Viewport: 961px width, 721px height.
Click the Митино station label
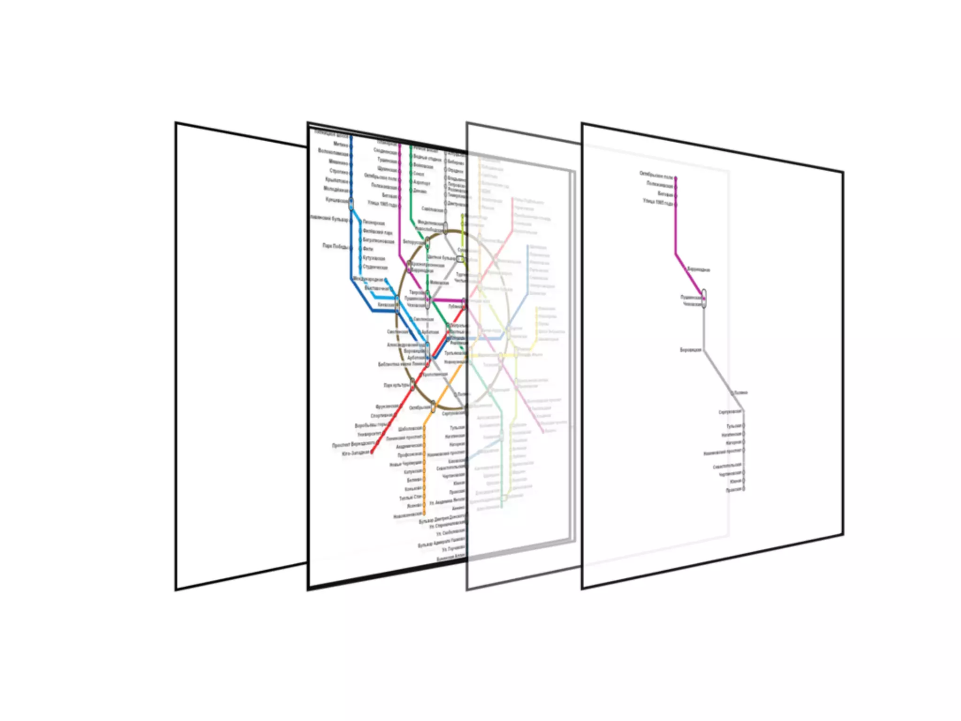point(341,145)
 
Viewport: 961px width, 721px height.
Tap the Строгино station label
point(339,171)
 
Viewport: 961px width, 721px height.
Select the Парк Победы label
point(335,246)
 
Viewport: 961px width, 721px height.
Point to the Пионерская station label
point(374,223)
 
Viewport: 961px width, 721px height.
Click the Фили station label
point(368,249)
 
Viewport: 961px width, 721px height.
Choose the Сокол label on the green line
point(419,174)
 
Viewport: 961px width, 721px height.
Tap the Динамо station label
point(420,192)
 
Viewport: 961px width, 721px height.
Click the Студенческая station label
point(375,267)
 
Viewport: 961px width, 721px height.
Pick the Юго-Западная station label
point(356,453)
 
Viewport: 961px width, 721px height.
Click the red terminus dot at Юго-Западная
point(372,453)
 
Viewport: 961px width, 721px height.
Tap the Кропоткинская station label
point(435,375)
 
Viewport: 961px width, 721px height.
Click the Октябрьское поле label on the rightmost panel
point(656,175)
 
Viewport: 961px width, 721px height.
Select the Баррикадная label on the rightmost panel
point(699,270)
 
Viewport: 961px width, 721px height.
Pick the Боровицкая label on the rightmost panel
point(690,350)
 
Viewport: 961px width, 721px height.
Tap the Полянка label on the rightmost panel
point(741,392)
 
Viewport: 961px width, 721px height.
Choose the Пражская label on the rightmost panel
point(734,490)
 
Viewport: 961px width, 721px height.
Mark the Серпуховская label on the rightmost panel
point(730,412)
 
